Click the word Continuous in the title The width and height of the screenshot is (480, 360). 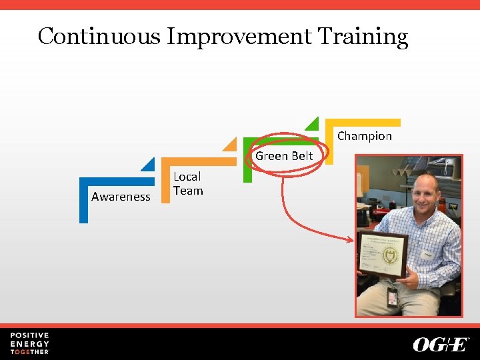pyautogui.click(x=99, y=36)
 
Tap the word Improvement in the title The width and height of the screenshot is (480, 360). pyautogui.click(x=239, y=37)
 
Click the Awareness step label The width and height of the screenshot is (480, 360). pyautogui.click(x=121, y=197)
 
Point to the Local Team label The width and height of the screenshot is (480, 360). pyautogui.click(x=187, y=183)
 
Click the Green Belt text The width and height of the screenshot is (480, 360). pyautogui.click(x=284, y=156)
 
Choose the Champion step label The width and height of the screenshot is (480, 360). pyautogui.click(x=364, y=136)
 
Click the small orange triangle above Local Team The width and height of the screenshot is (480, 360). pyautogui.click(x=231, y=143)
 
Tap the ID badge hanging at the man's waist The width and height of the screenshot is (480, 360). pyautogui.click(x=392, y=296)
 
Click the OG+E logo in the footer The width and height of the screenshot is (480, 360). pyautogui.click(x=441, y=344)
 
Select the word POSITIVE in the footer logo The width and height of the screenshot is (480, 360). pyautogui.click(x=29, y=335)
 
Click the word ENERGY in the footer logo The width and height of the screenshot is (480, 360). pyautogui.click(x=29, y=343)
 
